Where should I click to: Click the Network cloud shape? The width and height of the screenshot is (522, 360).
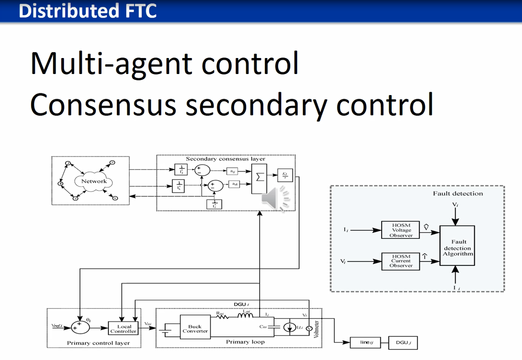click(94, 181)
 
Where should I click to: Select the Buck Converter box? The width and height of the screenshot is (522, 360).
click(195, 329)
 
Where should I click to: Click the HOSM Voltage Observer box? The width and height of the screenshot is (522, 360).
click(400, 230)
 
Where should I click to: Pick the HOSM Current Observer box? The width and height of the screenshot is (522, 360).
click(400, 261)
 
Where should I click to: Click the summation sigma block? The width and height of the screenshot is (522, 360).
click(260, 178)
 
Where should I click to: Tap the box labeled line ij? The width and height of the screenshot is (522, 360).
click(364, 342)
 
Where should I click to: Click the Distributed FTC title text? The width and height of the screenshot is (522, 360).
click(87, 11)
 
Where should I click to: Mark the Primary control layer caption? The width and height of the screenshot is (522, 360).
click(98, 343)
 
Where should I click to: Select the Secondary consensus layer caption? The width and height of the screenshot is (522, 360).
click(226, 159)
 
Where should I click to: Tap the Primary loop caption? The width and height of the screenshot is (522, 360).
click(245, 342)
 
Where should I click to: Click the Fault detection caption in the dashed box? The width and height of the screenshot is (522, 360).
click(458, 193)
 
